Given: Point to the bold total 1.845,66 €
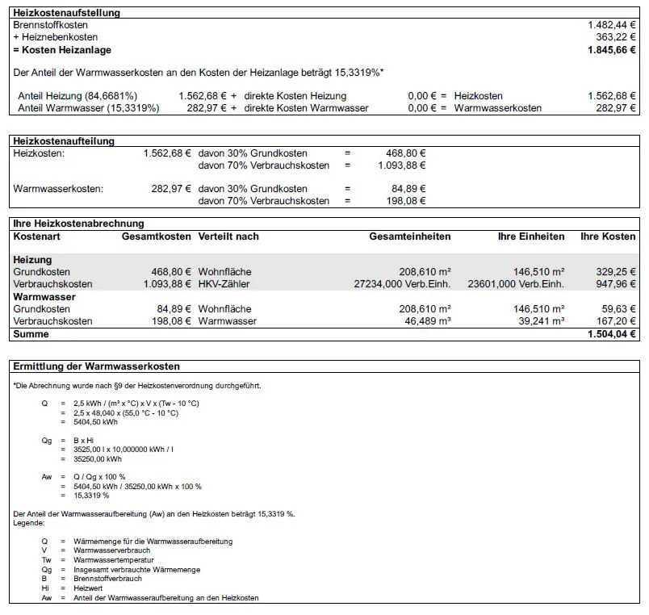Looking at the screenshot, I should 612,49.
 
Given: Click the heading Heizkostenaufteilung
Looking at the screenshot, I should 65,141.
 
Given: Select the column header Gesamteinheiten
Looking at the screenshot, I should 410,236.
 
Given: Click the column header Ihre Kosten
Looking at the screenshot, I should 608,236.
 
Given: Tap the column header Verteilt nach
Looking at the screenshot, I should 228,236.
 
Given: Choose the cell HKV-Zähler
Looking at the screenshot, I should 224,284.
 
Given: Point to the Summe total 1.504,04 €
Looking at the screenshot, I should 611,334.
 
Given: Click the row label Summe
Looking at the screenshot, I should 31,334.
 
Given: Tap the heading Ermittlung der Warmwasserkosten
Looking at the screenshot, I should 97,366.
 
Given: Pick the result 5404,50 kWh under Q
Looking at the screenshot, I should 95,421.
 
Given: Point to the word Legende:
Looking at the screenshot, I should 29,523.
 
